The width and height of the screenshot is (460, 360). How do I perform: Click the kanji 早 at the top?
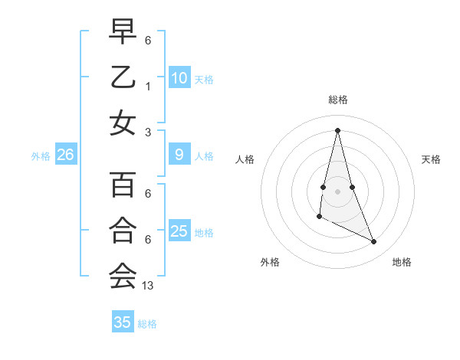(123, 31)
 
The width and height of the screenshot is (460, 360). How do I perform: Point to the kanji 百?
(123, 185)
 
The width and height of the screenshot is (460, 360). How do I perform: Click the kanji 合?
(123, 230)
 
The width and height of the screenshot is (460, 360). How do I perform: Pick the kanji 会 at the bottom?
(123, 276)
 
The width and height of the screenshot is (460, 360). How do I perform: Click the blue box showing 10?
(179, 77)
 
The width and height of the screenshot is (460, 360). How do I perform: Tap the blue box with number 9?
(179, 155)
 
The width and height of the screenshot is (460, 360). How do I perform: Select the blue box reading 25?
(179, 231)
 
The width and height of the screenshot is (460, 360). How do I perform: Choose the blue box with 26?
(66, 155)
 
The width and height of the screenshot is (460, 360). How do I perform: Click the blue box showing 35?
(123, 322)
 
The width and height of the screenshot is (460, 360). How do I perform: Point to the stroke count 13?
(149, 286)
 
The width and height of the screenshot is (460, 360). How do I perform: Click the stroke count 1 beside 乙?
(148, 87)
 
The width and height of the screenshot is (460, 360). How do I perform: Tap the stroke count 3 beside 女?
(148, 132)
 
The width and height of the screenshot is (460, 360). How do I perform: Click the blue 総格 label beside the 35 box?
(147, 324)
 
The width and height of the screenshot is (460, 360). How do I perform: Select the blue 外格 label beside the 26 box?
(41, 156)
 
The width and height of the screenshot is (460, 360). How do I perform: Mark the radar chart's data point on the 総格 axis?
(337, 130)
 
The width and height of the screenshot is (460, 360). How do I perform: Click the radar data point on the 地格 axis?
(374, 242)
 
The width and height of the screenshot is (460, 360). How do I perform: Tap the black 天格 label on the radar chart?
(432, 159)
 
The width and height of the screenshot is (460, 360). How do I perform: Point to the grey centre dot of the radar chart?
(337, 191)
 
